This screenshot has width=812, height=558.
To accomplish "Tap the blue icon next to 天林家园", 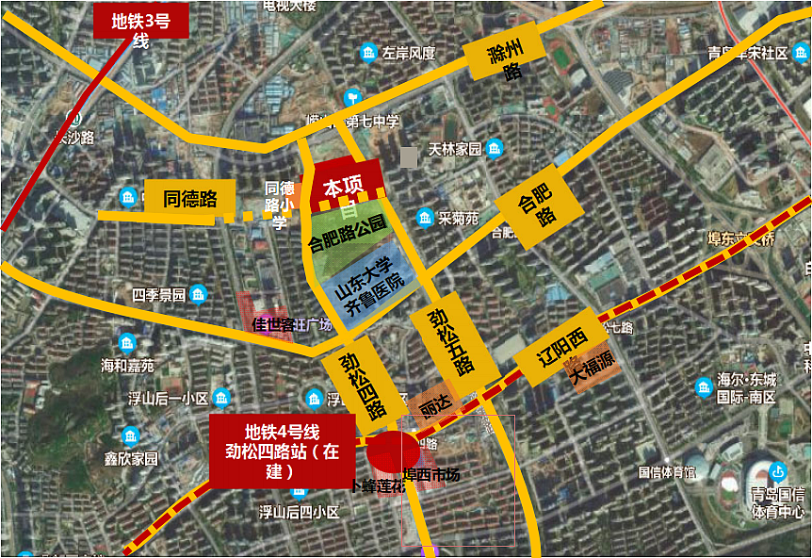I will (494, 148).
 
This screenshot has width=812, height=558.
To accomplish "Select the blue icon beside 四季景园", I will (198, 295).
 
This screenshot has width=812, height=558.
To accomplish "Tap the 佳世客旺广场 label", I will (292, 324).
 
